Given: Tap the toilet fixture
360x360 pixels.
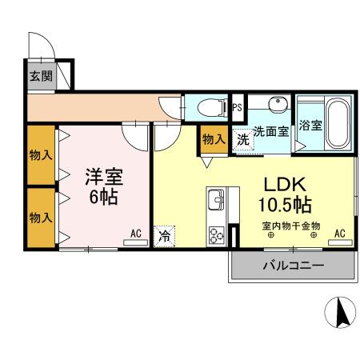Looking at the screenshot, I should [x=210, y=106].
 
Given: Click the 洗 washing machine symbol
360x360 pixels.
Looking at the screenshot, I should [x=242, y=138].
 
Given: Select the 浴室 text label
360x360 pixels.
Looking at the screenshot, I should [x=310, y=126].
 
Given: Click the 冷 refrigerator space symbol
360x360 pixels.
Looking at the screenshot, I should [x=164, y=236].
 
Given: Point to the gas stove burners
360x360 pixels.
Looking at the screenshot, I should [x=217, y=235].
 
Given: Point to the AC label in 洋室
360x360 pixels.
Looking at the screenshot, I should [x=136, y=234].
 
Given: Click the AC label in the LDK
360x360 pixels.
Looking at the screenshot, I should [x=340, y=234].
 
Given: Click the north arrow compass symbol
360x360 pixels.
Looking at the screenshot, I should [x=341, y=312].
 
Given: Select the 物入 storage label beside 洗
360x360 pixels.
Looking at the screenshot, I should [x=214, y=138].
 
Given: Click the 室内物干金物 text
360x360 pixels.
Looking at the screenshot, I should [x=290, y=226].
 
